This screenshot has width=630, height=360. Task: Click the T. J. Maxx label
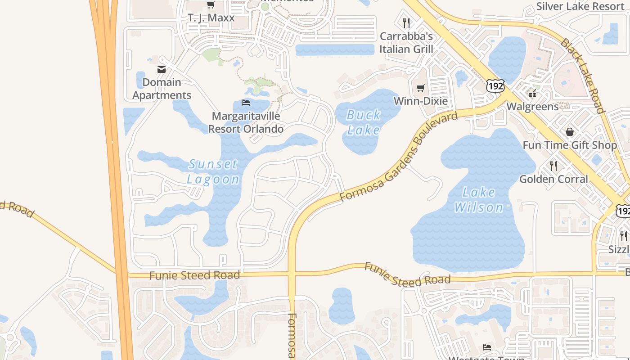[x=211, y=18]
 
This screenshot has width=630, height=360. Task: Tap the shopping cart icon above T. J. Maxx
[x=211, y=5]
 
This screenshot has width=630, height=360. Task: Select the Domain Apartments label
[x=162, y=89]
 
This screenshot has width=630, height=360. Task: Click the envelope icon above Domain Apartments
[x=162, y=69]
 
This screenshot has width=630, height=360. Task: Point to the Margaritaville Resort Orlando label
[x=246, y=122]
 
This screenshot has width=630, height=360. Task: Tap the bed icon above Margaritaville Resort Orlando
[x=246, y=103]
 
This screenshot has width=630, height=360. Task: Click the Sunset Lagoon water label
[x=213, y=171]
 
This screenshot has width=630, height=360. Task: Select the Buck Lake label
[x=364, y=122]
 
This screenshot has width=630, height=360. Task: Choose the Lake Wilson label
[x=479, y=200]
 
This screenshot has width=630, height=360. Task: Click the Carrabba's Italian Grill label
[x=406, y=43]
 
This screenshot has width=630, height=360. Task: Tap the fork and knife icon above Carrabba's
[x=406, y=22]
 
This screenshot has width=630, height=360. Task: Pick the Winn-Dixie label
[x=421, y=101]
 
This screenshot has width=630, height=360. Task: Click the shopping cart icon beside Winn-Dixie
[x=421, y=88]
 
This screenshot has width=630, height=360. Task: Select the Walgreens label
[x=532, y=107]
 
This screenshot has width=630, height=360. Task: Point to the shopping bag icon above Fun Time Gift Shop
[x=570, y=132]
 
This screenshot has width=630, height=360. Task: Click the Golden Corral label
[x=553, y=179]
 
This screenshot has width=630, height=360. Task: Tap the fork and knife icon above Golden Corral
[x=553, y=166]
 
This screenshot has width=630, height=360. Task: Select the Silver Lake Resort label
[x=580, y=6]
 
